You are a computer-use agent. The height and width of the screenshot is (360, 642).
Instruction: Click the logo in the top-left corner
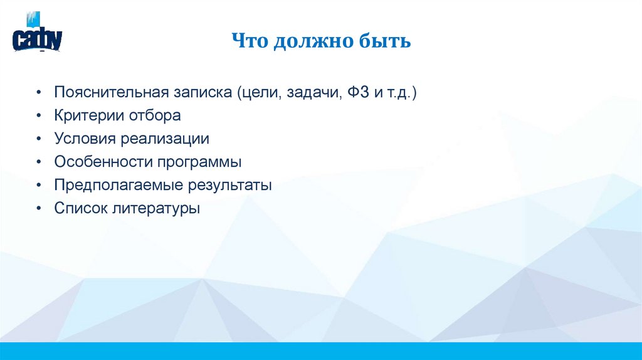tap(37, 32)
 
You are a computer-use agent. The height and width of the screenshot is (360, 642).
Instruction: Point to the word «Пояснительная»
tap(112, 92)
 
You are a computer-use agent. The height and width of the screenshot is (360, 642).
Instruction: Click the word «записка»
tap(203, 93)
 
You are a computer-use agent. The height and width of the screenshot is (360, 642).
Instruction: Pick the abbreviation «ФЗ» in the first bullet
tap(358, 92)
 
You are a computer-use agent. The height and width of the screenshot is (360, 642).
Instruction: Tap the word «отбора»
tap(154, 116)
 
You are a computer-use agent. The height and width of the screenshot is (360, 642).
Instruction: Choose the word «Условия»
tap(85, 139)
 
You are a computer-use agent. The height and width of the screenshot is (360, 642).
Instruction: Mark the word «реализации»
tap(165, 139)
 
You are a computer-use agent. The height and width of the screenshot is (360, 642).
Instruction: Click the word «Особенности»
tap(103, 162)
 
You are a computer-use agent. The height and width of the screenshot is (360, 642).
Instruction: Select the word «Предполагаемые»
tap(118, 186)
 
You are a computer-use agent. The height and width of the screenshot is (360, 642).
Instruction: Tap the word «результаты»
tap(229, 186)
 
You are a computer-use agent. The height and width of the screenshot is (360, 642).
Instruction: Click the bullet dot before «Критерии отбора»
tap(39, 116)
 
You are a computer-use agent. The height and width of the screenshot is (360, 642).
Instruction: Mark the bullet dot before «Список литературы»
tap(39, 208)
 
